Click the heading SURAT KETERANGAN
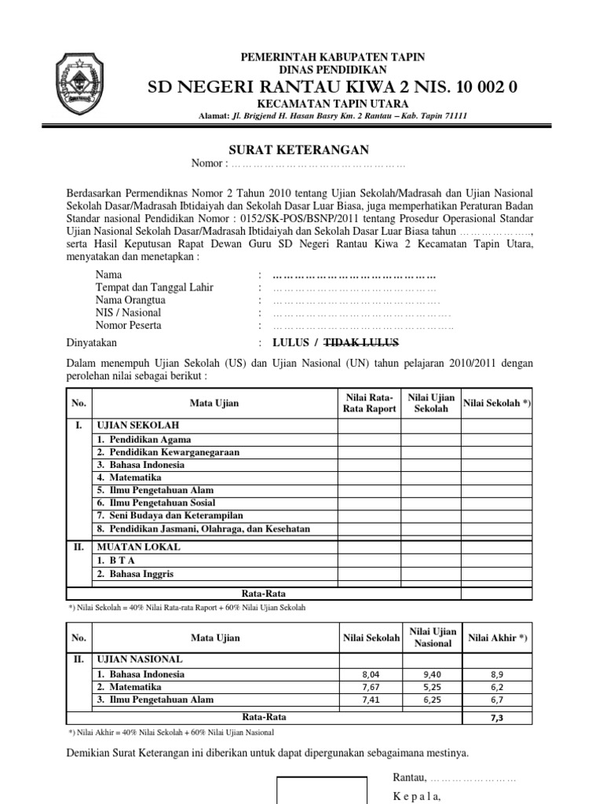298,150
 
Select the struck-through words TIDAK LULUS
362,342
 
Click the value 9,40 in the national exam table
431,674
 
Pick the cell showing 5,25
431,686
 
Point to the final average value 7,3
498,718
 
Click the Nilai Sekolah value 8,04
369,674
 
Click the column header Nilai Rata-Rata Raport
369,403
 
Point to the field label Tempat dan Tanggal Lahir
154,287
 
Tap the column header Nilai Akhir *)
498,638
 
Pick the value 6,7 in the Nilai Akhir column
498,699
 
